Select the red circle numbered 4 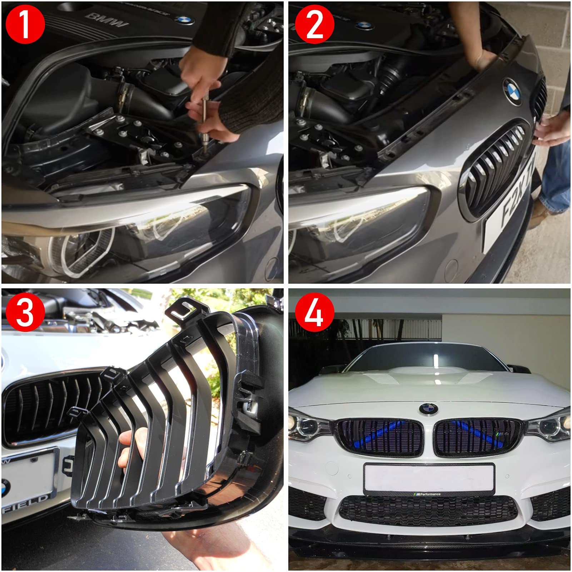(x=314, y=312)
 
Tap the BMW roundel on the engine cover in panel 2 (x=364, y=25)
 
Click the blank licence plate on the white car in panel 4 (x=429, y=478)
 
